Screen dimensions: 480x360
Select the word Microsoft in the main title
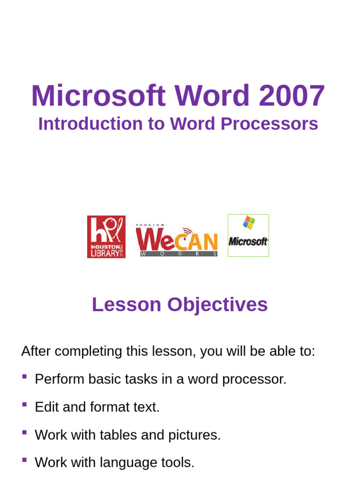tap(98, 96)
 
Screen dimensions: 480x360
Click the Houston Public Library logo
tap(106, 237)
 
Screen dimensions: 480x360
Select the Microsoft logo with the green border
tap(248, 236)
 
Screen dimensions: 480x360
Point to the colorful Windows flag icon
tap(248, 223)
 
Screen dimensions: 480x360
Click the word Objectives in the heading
tap(218, 305)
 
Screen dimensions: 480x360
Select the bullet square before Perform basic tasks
tap(24, 376)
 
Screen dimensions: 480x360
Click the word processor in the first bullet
tap(254, 379)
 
